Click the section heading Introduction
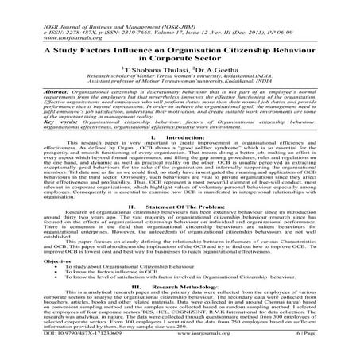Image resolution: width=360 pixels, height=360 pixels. point(184,137)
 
